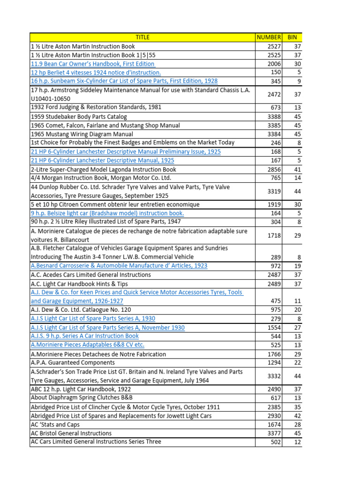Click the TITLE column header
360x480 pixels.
[x=142, y=37]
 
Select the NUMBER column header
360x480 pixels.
[x=269, y=37]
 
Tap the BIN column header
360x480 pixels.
[x=292, y=37]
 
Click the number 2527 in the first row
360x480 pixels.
[x=274, y=46]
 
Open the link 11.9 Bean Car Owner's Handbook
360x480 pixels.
[x=92, y=64]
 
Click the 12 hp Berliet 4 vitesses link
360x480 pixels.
[x=96, y=73]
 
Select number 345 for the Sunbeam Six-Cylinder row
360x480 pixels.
[x=276, y=81]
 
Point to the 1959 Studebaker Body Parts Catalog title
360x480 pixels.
[x=79, y=116]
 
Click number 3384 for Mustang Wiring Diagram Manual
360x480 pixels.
[x=274, y=134]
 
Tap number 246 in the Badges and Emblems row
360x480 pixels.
[x=276, y=142]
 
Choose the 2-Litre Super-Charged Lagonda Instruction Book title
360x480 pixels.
[x=103, y=169]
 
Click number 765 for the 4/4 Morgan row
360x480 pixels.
[x=276, y=178]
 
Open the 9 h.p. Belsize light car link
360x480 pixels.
[x=107, y=213]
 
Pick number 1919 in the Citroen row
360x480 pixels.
[x=274, y=204]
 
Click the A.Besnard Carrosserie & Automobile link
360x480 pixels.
[x=119, y=266]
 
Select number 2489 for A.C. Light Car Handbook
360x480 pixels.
[x=274, y=284]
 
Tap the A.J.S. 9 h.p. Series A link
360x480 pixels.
[x=84, y=336]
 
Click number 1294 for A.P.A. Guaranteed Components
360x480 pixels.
[x=274, y=362]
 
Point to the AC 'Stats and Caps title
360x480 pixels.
[x=55, y=424]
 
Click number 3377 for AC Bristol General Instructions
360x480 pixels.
[x=274, y=433]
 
